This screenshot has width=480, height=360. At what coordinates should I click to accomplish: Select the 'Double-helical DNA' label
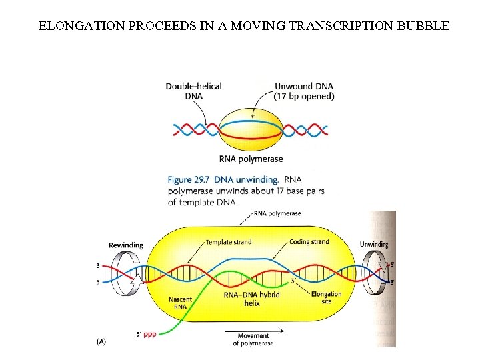(193, 91)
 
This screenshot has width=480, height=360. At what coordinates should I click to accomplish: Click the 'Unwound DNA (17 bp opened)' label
(304, 91)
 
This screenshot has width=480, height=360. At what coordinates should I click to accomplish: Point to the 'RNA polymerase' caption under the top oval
(251, 159)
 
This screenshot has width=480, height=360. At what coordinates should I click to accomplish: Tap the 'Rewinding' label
(125, 245)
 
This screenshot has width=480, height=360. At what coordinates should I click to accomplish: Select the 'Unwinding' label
(374, 244)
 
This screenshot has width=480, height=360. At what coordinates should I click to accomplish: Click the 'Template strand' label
(229, 242)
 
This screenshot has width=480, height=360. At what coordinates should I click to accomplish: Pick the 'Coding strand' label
(309, 242)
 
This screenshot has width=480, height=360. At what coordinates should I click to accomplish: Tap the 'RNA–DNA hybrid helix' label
(251, 298)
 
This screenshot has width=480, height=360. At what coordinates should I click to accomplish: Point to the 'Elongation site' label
(326, 297)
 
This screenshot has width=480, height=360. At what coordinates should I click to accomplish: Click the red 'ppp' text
(150, 334)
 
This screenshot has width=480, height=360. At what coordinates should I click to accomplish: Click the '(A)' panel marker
(101, 341)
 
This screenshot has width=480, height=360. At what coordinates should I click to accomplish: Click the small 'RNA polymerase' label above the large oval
(278, 214)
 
